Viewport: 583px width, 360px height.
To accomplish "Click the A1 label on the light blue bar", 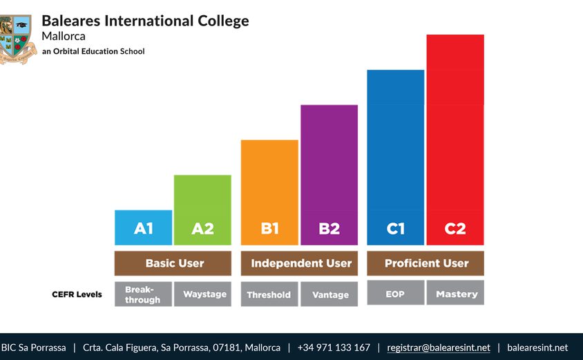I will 143,229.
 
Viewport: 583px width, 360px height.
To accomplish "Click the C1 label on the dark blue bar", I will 395,229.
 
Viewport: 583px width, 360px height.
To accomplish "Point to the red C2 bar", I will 455,139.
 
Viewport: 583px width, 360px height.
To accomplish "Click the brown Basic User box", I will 173,263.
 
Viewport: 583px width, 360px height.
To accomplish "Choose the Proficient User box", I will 426,263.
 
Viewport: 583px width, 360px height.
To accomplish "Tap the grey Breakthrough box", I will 143,294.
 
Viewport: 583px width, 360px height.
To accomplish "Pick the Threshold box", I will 269,294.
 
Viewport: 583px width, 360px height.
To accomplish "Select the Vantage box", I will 329,294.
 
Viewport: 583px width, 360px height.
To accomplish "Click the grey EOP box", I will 395,293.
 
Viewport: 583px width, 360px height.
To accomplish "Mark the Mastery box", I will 455,293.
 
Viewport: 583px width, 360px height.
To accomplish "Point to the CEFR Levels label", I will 77,294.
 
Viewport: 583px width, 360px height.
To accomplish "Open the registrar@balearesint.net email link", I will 439,348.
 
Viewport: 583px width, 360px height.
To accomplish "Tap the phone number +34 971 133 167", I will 334,348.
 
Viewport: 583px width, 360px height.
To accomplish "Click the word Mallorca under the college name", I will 64,36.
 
